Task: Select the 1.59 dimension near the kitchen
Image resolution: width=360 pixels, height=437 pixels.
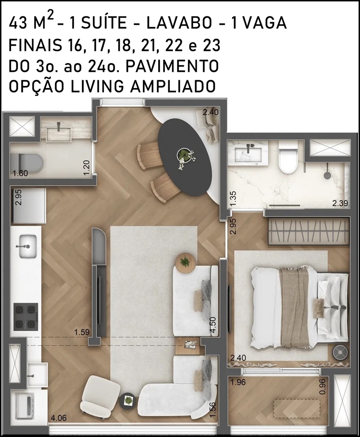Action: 82,332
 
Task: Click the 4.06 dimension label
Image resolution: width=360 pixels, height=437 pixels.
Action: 59,412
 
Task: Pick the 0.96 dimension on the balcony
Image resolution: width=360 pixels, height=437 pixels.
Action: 323,386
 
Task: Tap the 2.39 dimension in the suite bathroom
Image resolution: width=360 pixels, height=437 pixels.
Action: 340,203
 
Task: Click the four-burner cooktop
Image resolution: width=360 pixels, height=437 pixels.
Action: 26,317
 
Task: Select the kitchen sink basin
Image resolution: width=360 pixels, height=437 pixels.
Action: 28,246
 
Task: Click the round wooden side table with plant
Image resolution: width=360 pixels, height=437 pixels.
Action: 186,263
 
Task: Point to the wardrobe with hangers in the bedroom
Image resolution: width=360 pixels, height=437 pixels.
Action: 309,231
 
